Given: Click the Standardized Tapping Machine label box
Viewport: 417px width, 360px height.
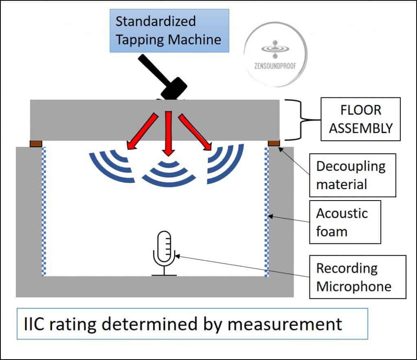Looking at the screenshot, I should pos(169,31).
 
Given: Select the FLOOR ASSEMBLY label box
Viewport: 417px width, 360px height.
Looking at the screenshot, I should pos(360,119).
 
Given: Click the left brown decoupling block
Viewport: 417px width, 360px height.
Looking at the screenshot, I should pos(36,143).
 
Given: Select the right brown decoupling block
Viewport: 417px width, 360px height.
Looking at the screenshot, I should pos(274,143).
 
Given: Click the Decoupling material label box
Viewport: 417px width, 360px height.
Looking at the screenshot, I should pos(351,175).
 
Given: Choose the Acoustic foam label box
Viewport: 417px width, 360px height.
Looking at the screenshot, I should pos(345,222).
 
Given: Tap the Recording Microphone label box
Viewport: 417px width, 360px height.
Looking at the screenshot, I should pos(358,277).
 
